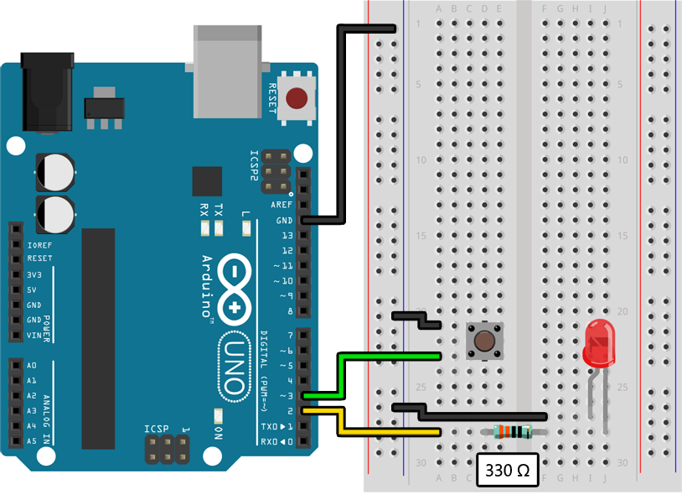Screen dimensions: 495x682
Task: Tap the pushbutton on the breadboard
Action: (x=483, y=341)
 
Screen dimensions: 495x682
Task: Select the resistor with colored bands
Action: (x=513, y=432)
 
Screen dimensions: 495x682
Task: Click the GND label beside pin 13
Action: (x=284, y=221)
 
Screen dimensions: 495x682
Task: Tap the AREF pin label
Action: (x=281, y=206)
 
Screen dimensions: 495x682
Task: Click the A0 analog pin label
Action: (x=33, y=366)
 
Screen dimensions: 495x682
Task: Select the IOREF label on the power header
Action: (x=39, y=245)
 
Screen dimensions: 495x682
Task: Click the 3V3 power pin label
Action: (x=34, y=274)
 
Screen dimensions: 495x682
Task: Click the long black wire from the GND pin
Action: (x=339, y=126)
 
